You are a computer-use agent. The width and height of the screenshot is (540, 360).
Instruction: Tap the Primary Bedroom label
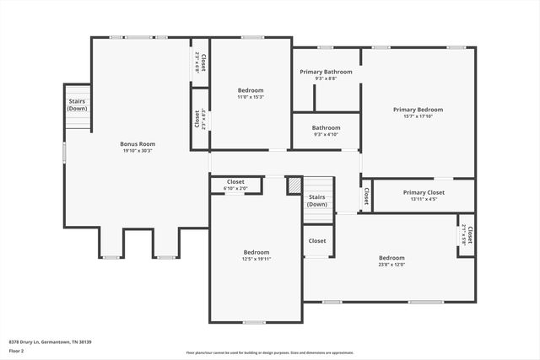pos(418,110)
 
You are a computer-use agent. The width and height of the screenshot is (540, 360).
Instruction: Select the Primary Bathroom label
pos(326,72)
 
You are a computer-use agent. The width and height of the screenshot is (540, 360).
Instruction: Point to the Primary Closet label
pos(423,192)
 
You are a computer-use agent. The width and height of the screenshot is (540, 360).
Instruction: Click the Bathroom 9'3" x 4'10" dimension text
pos(326,134)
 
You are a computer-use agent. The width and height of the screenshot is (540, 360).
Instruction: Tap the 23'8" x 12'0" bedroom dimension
pos(391,265)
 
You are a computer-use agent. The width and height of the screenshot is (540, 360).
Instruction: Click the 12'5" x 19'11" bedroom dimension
pos(256,259)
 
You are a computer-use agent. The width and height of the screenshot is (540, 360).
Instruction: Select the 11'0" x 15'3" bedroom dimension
pos(250,97)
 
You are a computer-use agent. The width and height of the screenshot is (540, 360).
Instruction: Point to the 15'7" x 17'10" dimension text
pos(418,116)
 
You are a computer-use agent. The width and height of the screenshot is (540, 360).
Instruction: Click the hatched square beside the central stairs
pos(294,185)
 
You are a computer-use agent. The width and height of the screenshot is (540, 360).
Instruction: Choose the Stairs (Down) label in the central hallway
pos(317,201)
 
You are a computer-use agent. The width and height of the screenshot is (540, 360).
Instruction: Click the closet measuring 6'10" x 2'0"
pos(236,185)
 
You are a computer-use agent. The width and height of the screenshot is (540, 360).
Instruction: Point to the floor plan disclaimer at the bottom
pos(270,352)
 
